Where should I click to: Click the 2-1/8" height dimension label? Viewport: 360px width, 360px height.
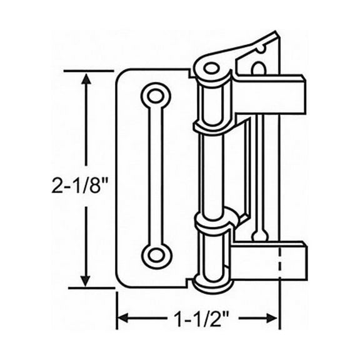coord(81,184)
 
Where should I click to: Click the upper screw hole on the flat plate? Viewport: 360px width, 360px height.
coord(154,96)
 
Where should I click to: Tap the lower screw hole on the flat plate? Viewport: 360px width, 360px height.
coord(154,254)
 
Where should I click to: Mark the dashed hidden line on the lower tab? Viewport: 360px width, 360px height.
coord(279,262)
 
